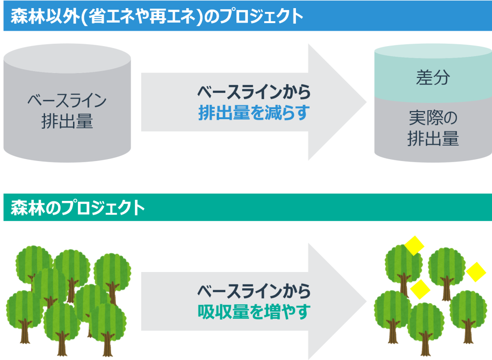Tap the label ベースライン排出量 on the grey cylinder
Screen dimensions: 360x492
(67, 111)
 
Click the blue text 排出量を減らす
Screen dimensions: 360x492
(254, 112)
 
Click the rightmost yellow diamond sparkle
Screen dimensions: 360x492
(476, 272)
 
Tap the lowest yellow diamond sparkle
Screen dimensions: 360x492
(420, 289)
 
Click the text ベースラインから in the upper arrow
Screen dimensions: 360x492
(254, 92)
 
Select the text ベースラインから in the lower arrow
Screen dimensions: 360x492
(254, 291)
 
